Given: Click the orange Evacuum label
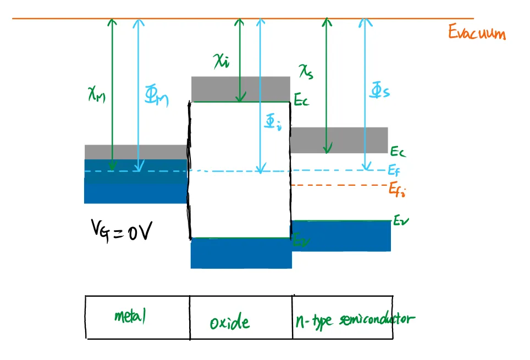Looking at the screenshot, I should [476, 33].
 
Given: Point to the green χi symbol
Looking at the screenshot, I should [222, 61].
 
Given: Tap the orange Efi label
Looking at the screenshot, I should [398, 189].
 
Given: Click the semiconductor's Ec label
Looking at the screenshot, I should [398, 151].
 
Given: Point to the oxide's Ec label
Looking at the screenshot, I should [301, 101].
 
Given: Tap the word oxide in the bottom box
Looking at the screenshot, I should [229, 322].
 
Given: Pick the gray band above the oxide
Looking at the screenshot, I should [240, 88].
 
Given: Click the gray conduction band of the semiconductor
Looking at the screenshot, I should [339, 140].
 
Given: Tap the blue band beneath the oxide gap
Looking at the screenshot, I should [241, 253].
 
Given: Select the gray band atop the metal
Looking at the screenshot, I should [135, 152].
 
